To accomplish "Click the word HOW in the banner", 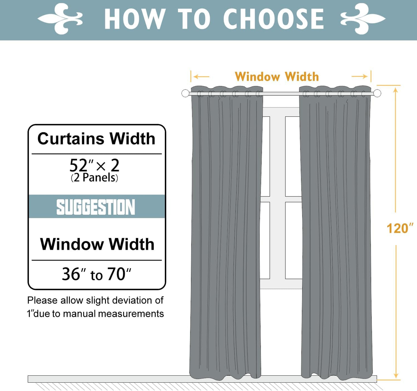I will pos(134,19).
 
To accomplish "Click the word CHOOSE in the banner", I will pos(274,19).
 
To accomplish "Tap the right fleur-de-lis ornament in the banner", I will pos(363,19).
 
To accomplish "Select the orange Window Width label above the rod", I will pos(277,77).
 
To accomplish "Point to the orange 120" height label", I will pos(399,228).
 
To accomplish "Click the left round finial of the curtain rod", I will pos(185,93).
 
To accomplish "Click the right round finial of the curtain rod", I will pos(377,93).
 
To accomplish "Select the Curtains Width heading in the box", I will pos(96,139).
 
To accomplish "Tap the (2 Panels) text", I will pos(94,178).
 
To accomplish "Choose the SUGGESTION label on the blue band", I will pos(96,207).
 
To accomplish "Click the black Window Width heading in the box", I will pos(97,244).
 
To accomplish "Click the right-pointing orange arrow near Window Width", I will pos(360,77).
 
